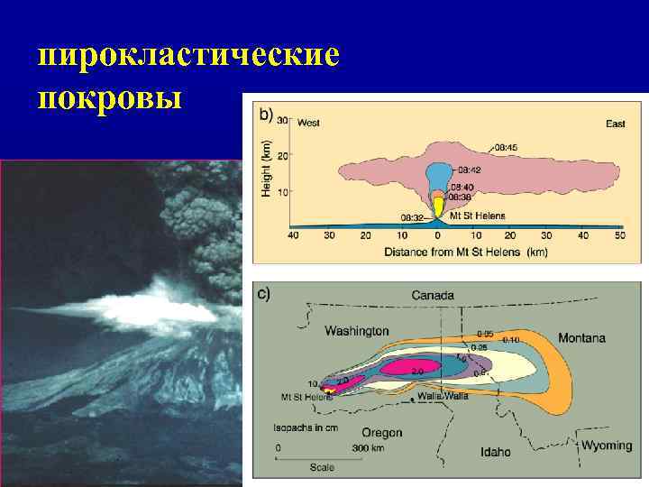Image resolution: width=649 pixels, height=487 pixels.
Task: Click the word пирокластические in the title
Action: [188, 56]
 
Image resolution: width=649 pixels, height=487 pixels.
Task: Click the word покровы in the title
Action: [111, 96]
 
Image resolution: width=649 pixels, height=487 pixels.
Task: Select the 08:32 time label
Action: [414, 216]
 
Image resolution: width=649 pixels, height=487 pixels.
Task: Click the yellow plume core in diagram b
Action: [438, 207]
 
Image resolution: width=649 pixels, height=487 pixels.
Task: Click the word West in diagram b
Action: [307, 122]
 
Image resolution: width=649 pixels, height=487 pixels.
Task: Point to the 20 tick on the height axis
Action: [281, 155]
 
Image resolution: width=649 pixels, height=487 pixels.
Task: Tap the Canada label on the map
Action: [434, 295]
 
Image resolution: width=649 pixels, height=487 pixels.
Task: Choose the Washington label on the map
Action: [357, 331]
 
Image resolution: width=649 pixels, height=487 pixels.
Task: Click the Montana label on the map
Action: [581, 338]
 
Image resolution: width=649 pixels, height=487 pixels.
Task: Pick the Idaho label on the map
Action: [496, 451]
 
